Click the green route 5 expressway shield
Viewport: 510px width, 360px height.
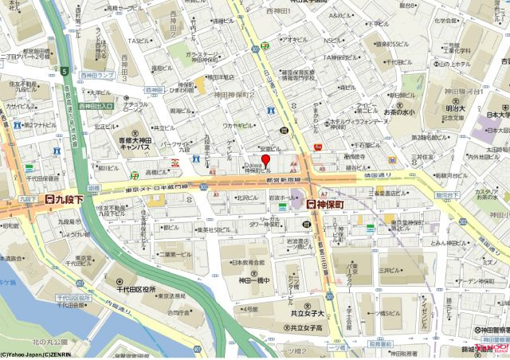(x=63, y=72)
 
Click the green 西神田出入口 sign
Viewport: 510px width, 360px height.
(x=96, y=105)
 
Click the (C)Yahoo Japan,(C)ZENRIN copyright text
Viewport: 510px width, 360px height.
(x=35, y=354)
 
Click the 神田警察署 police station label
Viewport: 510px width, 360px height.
(x=488, y=329)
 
